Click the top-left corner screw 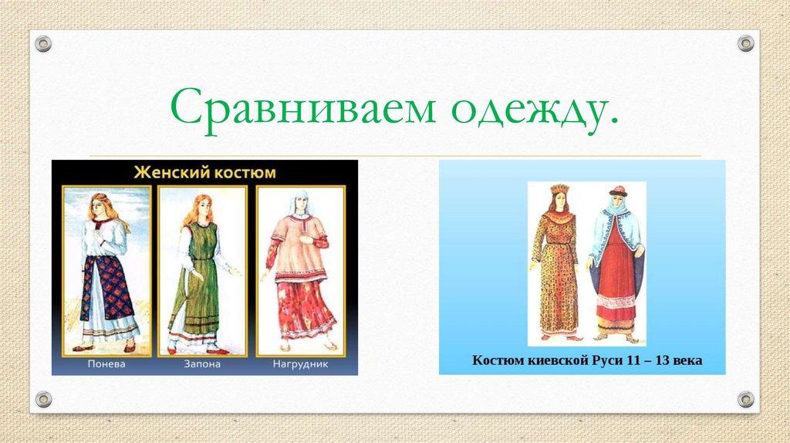tap(43, 44)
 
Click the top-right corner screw tap(745, 44)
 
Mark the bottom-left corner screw tap(43, 399)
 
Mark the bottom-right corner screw tap(745, 399)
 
